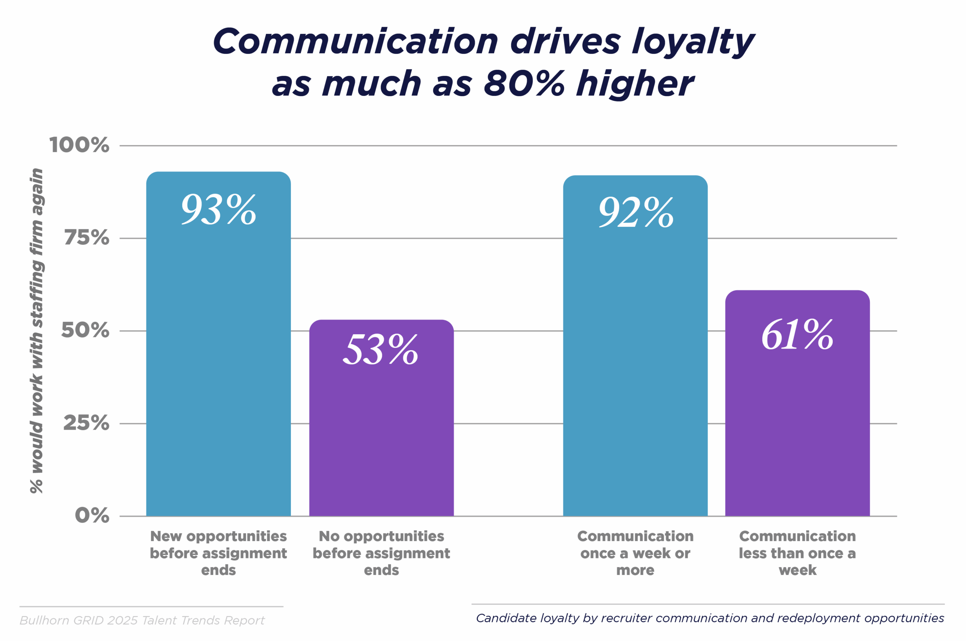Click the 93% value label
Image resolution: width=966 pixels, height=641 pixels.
[x=219, y=210]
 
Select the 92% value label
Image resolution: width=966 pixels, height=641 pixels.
[x=636, y=212]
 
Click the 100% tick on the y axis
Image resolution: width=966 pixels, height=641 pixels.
[x=79, y=145]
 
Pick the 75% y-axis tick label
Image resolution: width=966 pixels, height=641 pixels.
[x=87, y=238]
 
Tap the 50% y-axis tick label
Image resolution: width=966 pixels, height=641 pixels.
[x=85, y=330]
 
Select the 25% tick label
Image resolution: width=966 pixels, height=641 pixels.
[x=86, y=423]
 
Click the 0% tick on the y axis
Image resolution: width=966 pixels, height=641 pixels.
[x=92, y=515]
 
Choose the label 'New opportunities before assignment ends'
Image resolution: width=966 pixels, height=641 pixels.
[x=218, y=553]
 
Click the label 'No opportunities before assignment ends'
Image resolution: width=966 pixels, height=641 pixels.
[x=381, y=553]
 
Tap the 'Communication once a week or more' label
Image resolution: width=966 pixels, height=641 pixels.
[x=635, y=553]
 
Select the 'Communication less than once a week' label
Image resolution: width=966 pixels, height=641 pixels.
[x=797, y=553]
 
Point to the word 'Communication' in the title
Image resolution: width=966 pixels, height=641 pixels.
[x=355, y=42]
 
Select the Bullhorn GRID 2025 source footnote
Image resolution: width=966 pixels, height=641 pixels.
[x=142, y=621]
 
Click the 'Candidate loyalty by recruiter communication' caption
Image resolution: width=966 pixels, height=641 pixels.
[x=710, y=618]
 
